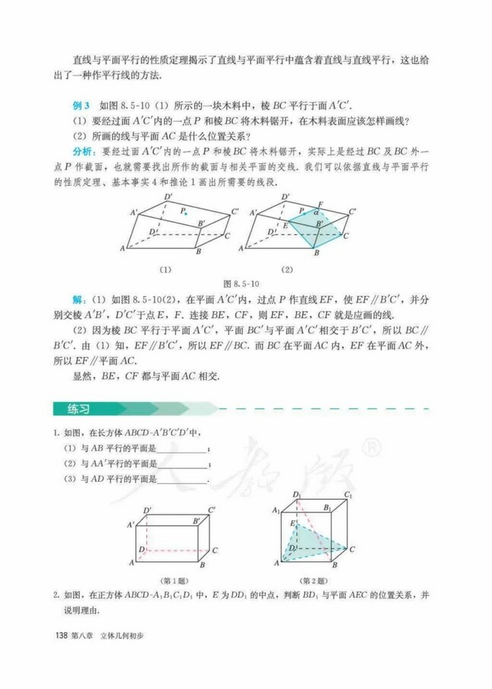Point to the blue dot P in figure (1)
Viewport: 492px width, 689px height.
point(186,214)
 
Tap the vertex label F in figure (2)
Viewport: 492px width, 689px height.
point(319,205)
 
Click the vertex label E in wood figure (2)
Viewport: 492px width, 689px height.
point(285,226)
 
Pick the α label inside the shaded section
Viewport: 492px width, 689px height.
point(315,214)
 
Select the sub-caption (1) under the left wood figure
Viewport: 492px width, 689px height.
point(164,269)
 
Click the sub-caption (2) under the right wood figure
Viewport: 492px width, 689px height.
point(287,269)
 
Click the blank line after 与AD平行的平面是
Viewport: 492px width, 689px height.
point(181,480)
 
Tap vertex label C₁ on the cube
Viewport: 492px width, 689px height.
point(348,496)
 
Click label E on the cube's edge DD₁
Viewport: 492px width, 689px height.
point(293,525)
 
